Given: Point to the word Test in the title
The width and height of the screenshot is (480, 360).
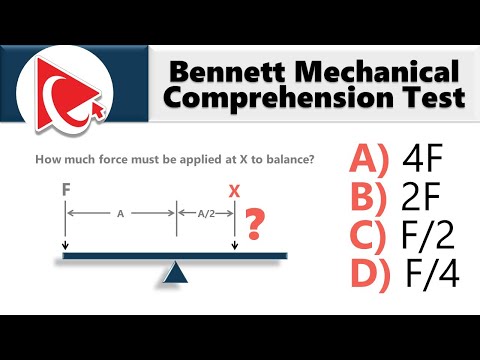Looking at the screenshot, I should [x=430, y=99].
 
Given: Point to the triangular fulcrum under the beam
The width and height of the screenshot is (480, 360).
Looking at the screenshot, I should [x=176, y=271].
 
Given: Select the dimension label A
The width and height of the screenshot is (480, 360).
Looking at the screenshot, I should [x=120, y=212].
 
